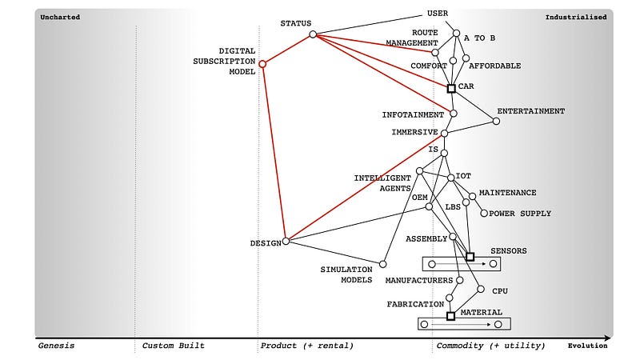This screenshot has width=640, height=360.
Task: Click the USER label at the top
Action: (438, 14)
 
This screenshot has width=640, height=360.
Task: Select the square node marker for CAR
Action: (451, 88)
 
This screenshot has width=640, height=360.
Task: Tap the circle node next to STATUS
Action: (313, 34)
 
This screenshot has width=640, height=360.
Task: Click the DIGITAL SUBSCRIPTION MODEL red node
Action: (262, 64)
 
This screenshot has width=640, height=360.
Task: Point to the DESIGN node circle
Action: (286, 240)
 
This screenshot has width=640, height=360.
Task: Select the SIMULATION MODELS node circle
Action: (382, 264)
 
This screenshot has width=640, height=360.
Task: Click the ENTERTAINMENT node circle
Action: (496, 121)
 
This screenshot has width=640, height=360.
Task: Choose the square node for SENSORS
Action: (470, 257)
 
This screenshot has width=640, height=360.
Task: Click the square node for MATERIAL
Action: (450, 316)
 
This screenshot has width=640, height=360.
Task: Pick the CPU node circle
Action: (481, 290)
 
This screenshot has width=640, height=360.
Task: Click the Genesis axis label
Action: (56, 346)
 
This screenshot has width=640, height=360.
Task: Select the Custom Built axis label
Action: (173, 346)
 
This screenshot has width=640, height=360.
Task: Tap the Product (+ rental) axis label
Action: (306, 346)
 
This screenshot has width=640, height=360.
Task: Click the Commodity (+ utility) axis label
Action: (490, 346)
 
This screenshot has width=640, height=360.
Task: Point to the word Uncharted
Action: (60, 17)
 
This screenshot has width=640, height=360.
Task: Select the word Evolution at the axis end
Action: (587, 346)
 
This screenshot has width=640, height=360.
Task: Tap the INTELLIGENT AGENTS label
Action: (382, 182)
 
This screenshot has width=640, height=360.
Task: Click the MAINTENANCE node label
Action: (507, 193)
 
